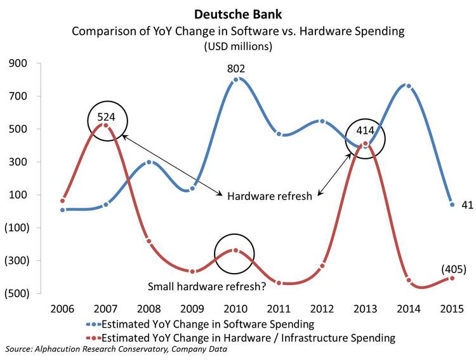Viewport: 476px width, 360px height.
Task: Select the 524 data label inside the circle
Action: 106,117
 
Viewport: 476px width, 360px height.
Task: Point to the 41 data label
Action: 466,204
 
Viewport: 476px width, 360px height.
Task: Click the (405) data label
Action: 453,269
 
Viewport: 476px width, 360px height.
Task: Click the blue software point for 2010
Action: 235,80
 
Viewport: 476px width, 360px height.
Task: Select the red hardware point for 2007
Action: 106,126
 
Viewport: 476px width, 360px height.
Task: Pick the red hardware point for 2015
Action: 452,278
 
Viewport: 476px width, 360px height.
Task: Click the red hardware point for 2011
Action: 279,283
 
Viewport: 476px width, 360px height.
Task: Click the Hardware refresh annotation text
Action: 270,196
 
